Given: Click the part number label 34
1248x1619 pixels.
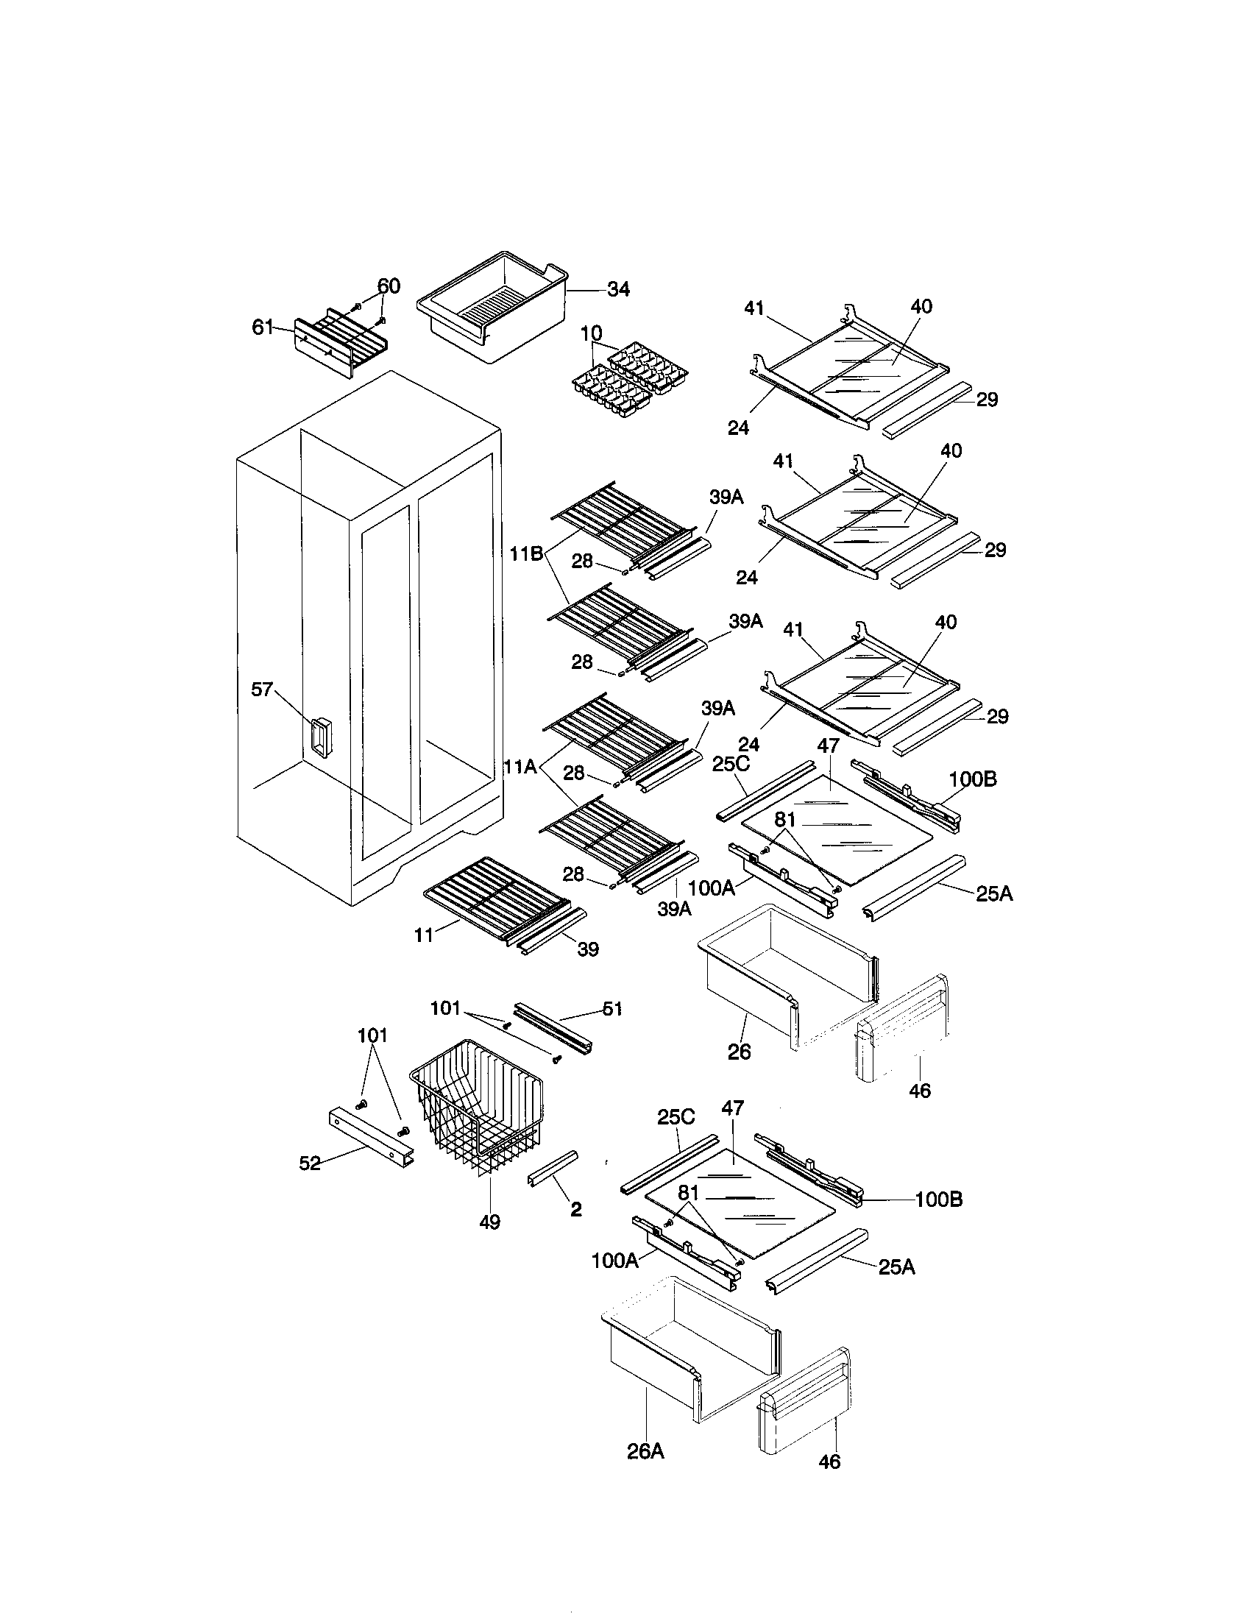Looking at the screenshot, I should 618,290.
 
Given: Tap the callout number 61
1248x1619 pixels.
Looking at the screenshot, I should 263,327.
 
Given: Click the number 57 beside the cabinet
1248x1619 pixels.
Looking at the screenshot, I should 263,690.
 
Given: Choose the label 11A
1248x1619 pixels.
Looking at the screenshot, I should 520,768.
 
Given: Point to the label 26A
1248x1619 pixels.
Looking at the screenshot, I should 645,1450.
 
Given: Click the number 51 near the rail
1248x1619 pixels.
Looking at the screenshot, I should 611,1009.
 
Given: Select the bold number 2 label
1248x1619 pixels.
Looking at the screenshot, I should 576,1209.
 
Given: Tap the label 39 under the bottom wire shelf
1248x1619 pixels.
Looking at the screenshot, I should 588,949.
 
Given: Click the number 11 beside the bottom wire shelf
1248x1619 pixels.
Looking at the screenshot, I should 424,935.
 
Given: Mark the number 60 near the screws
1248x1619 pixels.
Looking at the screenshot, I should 389,286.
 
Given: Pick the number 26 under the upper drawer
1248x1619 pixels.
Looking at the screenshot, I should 739,1051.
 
